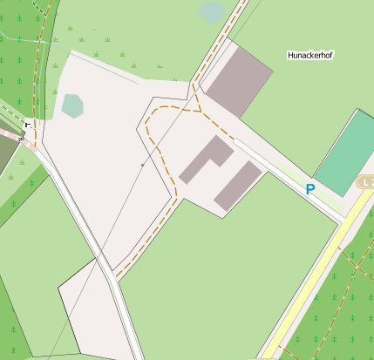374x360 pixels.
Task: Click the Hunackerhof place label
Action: tap(310, 55)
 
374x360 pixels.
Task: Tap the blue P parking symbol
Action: tap(309, 188)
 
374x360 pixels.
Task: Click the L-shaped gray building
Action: tap(206, 160)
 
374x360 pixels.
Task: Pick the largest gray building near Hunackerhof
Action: tap(238, 78)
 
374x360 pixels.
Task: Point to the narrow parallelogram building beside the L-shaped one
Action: tap(238, 186)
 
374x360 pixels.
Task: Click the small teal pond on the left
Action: tap(72, 105)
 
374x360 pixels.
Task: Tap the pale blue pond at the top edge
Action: tap(212, 12)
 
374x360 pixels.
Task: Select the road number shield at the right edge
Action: tap(366, 181)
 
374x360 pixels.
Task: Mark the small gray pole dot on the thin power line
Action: tap(142, 164)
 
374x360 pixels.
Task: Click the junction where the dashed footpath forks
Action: tap(197, 112)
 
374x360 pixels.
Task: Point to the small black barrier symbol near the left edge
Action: tap(28, 125)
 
